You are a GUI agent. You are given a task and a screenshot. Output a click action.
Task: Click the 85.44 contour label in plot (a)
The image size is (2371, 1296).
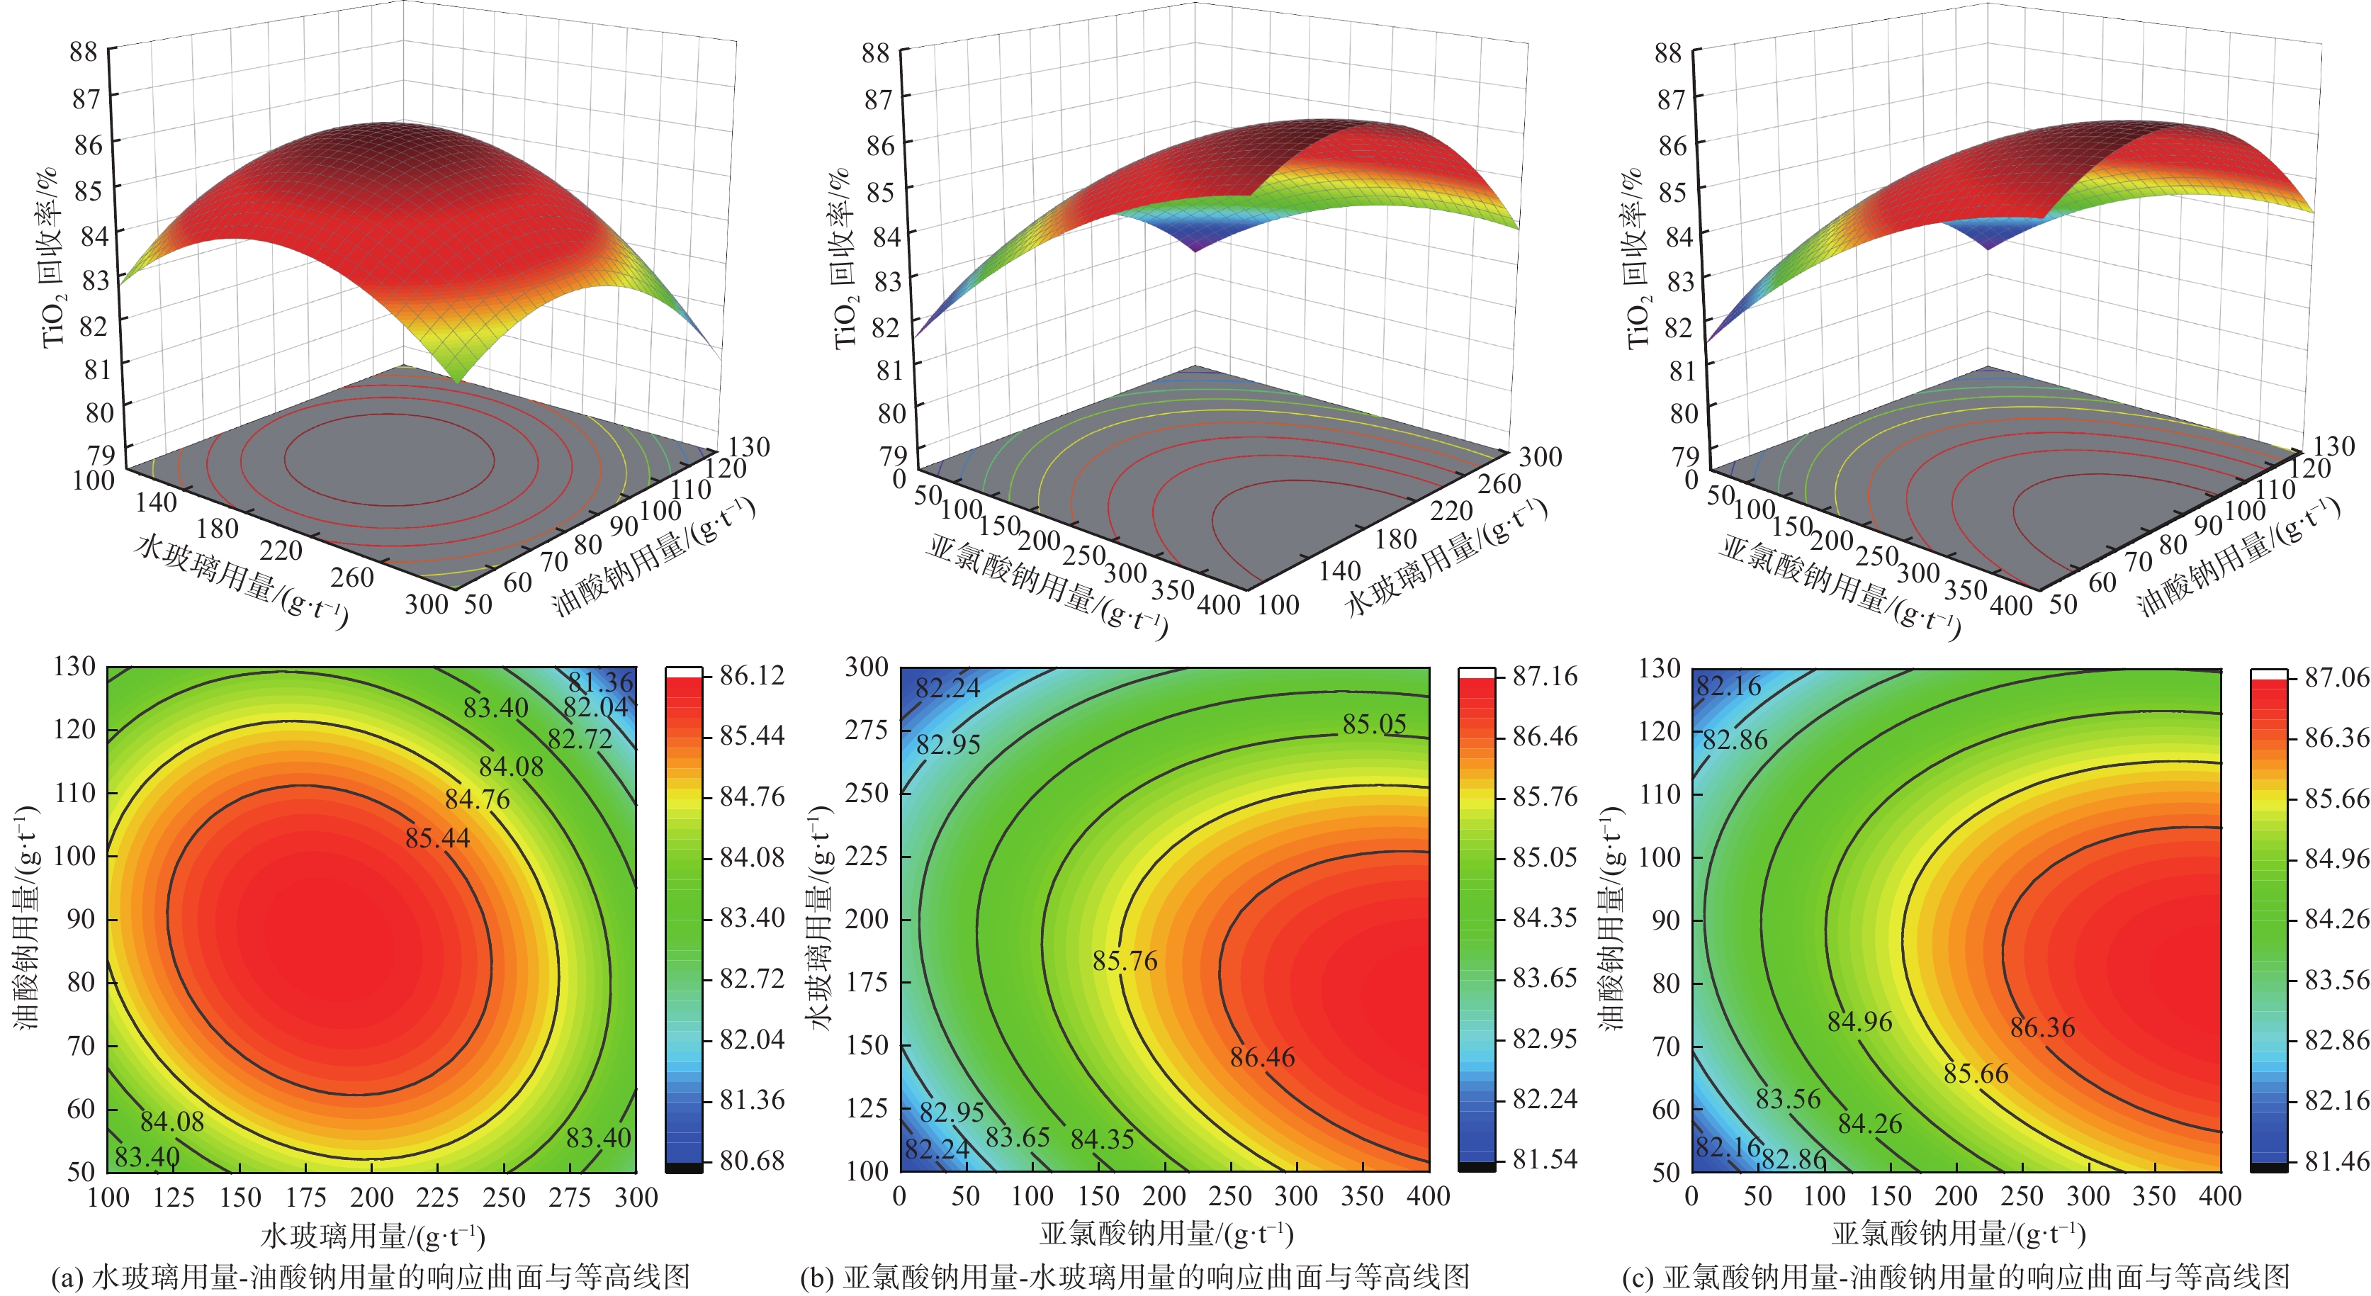coord(437,838)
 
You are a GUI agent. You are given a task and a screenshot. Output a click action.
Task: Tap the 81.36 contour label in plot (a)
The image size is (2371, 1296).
coord(600,682)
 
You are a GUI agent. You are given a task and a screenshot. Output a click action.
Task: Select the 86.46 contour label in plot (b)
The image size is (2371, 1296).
coord(1262,1056)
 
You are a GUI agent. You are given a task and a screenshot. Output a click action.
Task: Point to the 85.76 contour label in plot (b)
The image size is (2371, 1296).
coord(1125,961)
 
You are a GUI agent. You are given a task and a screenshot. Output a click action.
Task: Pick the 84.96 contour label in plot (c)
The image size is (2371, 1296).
coord(1859,1022)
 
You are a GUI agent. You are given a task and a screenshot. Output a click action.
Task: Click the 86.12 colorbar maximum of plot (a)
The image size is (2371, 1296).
coord(752,675)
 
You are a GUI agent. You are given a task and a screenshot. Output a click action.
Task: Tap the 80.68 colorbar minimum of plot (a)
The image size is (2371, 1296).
coord(752,1161)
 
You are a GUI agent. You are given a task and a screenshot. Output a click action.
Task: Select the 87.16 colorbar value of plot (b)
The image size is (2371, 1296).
coord(1545,677)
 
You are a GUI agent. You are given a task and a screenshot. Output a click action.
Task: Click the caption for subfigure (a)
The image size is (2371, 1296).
coord(371,1277)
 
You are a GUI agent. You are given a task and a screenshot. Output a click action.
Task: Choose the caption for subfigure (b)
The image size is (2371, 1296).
coord(1135,1277)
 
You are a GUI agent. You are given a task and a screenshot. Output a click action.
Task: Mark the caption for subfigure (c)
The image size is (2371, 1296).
coord(1955,1277)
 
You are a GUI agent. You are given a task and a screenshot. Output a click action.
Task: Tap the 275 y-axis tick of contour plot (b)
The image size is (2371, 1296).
coord(866,730)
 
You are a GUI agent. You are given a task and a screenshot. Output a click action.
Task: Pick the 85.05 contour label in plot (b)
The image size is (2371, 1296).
coord(1373,724)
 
